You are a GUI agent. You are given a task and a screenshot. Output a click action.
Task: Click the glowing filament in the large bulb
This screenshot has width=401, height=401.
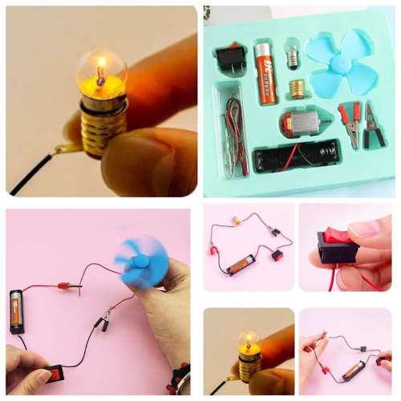click(101, 70)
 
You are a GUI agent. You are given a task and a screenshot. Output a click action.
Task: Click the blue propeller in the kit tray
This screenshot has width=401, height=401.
click(342, 63)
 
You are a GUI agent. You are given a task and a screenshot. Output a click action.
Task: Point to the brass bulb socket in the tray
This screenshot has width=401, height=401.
click(298, 87)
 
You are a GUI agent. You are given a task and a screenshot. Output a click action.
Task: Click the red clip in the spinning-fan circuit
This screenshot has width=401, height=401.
click(67, 285)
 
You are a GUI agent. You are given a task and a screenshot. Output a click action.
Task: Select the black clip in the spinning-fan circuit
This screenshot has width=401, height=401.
click(103, 322)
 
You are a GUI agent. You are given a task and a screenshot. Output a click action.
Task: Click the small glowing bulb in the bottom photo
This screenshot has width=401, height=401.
click(249, 341)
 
